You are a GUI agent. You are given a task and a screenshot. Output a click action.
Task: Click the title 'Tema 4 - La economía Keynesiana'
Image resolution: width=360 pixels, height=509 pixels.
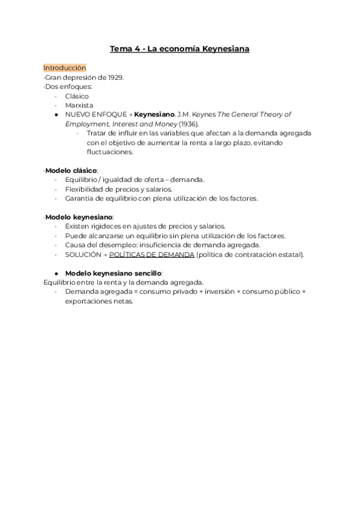[x=179, y=49]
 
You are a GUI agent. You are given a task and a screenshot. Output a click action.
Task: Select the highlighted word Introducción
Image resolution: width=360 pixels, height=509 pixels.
[x=65, y=68]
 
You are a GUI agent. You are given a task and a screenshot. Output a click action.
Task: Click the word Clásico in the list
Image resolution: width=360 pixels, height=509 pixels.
[x=77, y=96]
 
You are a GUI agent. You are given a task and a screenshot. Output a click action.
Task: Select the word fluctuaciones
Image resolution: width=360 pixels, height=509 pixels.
[x=110, y=152]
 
